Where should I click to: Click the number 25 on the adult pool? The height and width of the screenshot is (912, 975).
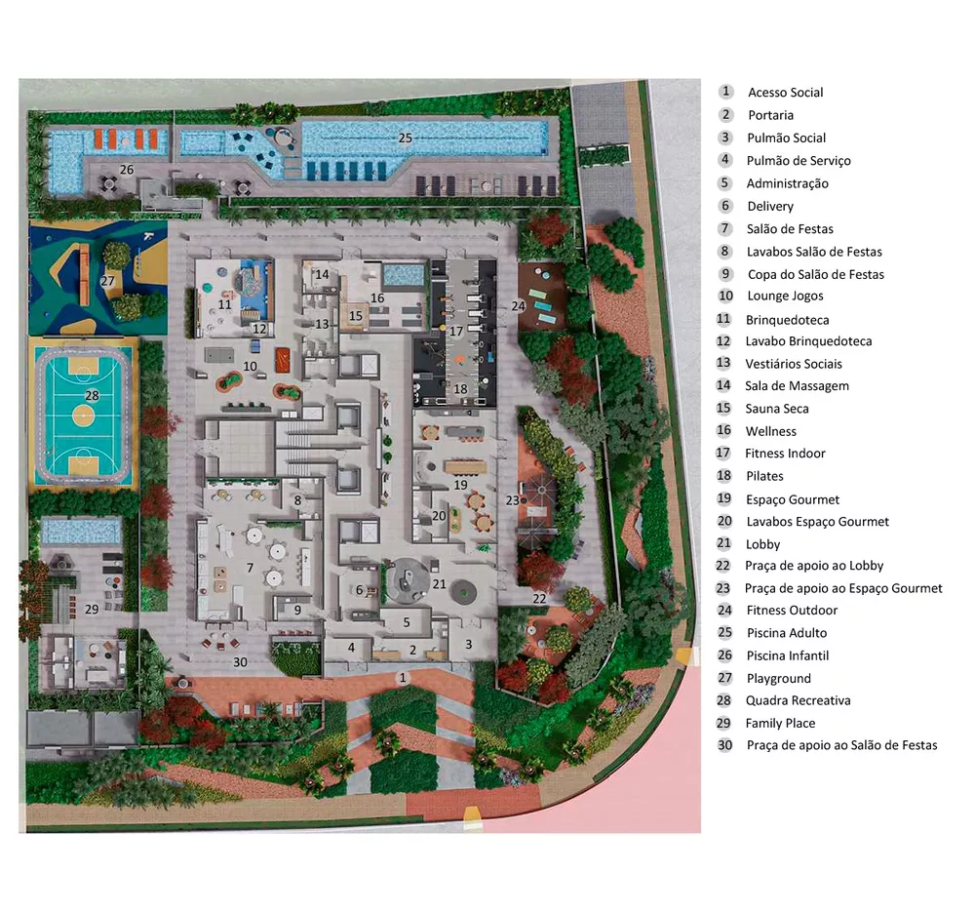pos(406,138)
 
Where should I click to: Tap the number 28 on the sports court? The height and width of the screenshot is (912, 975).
pos(93,396)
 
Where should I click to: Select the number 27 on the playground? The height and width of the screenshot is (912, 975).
pos(107,281)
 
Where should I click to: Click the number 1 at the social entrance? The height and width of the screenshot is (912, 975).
pos(404,676)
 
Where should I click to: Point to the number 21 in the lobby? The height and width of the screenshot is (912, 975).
pos(440,584)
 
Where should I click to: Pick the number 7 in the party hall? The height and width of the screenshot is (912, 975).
pos(251,567)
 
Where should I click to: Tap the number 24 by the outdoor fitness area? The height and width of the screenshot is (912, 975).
pos(519,305)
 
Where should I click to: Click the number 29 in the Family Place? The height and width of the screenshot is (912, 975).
pos(92,609)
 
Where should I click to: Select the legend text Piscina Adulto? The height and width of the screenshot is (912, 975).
pos(786,633)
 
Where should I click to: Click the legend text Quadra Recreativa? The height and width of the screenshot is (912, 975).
pos(798,700)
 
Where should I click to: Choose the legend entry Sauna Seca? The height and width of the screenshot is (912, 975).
pos(777,409)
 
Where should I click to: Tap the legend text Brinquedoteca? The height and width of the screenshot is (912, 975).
pos(787,319)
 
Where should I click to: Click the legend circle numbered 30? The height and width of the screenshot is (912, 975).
pos(725,744)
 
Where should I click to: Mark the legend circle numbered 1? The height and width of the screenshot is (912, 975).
pos(725,92)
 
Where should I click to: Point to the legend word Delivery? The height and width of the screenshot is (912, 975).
pos(770,206)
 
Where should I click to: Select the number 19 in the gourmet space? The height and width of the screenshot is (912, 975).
pos(460,485)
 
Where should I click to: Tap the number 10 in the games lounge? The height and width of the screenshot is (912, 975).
pos(251,366)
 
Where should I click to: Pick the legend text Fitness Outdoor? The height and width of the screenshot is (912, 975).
pos(792,611)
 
